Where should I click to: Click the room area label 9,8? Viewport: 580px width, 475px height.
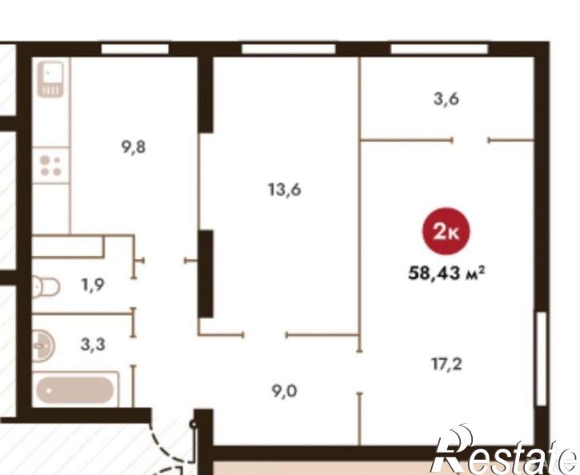click(134, 147)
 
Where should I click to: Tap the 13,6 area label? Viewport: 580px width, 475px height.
click(285, 190)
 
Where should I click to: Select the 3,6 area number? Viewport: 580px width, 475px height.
click(446, 99)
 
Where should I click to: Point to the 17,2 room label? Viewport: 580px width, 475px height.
click(447, 365)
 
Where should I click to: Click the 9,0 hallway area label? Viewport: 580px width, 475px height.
click(285, 391)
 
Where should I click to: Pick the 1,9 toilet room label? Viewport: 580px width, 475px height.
click(93, 285)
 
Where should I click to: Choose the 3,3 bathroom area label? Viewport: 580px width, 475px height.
click(93, 345)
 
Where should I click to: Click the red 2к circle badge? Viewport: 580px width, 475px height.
click(446, 231)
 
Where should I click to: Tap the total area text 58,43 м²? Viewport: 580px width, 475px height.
click(446, 273)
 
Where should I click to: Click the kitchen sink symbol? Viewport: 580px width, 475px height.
click(51, 79)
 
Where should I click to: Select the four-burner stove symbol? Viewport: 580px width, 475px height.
click(51, 166)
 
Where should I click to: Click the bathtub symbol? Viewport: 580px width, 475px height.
click(75, 389)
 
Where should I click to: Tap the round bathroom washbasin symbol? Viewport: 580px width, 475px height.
click(42, 346)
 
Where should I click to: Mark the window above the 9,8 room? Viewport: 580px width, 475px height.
click(135, 49)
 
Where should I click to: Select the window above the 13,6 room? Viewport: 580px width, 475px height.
click(289, 49)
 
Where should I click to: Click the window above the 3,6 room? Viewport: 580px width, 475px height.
click(439, 49)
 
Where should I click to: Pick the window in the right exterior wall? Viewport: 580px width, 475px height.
click(541, 358)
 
